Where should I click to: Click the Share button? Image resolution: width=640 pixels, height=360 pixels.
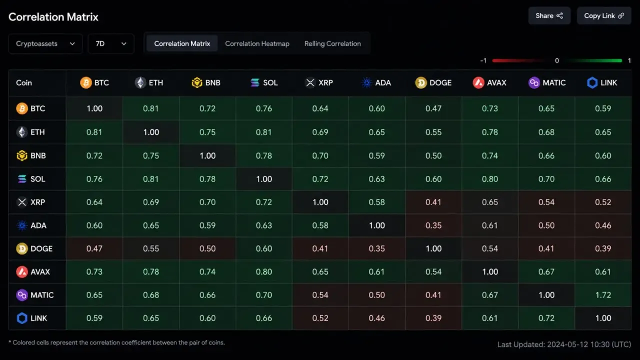click(x=549, y=15)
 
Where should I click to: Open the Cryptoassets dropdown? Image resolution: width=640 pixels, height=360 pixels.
click(x=45, y=43)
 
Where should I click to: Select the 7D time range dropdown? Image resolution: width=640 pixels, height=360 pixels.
click(x=111, y=43)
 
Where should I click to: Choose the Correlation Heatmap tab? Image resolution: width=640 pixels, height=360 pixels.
click(x=257, y=43)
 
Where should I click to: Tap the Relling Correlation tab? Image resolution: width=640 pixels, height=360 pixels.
click(x=332, y=43)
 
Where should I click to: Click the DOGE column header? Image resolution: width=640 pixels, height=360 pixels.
click(x=433, y=83)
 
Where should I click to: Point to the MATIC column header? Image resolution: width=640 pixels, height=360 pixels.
click(x=547, y=83)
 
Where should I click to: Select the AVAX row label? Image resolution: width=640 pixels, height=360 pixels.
click(x=33, y=271)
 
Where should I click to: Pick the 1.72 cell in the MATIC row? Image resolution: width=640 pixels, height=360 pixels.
click(x=603, y=295)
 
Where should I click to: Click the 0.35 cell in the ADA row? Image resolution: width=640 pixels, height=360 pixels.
click(x=433, y=225)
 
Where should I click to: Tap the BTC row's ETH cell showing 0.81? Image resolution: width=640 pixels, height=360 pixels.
click(x=151, y=108)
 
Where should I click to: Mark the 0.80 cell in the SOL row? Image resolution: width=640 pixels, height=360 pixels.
click(x=489, y=179)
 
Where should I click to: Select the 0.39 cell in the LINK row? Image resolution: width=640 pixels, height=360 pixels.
click(x=433, y=318)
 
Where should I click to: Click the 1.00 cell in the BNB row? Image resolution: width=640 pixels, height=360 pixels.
click(x=207, y=155)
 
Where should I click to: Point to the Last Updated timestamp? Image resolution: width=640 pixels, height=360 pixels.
click(x=564, y=344)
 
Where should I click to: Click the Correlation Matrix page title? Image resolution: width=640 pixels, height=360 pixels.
click(x=53, y=17)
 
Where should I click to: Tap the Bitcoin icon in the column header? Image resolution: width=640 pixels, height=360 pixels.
click(x=85, y=83)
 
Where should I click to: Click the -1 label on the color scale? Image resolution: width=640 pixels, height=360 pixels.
click(x=483, y=60)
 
